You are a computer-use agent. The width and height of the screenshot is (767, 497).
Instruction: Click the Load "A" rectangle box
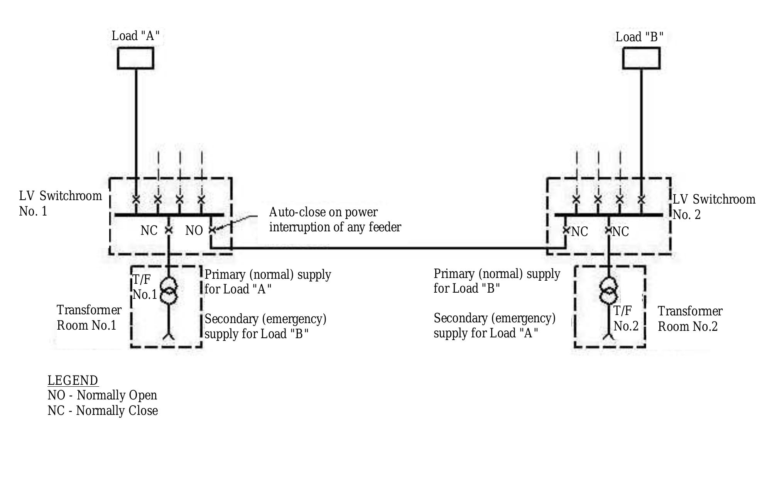tap(135, 58)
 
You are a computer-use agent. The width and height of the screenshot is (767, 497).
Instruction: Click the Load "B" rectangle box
tap(641, 58)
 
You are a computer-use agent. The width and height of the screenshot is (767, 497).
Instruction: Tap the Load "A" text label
tap(135, 36)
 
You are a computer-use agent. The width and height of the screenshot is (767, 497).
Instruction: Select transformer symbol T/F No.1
tap(169, 290)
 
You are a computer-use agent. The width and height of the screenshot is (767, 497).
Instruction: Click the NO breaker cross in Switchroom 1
tap(212, 230)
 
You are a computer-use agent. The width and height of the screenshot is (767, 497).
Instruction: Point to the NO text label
tap(194, 231)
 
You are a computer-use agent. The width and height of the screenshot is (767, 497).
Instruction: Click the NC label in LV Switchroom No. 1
tap(149, 231)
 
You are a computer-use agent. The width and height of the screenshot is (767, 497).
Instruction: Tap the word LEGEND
tap(73, 380)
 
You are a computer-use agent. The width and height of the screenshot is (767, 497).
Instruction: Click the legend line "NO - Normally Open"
tap(102, 395)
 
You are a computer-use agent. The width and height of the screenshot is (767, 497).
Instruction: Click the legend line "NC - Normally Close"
tap(103, 410)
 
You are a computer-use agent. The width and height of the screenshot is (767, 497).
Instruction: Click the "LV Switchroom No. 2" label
tap(713, 207)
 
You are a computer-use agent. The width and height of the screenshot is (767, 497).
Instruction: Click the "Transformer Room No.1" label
tap(89, 317)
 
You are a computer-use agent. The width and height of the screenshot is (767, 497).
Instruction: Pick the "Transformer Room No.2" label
tap(689, 318)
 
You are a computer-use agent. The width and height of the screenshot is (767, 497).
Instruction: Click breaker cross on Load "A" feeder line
tap(136, 199)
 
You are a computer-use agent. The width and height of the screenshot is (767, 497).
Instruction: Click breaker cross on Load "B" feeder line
tap(641, 200)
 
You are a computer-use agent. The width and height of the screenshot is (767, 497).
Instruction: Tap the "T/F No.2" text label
tap(625, 318)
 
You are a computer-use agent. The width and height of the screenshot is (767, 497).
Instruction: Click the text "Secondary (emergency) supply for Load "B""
tap(265, 326)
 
